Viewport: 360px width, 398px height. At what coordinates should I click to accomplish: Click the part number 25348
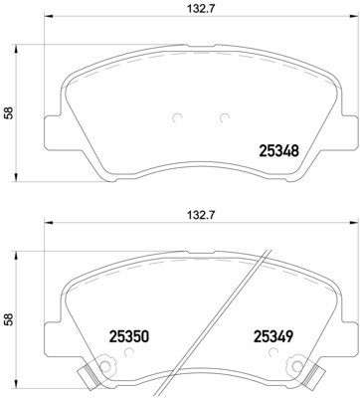click(x=279, y=152)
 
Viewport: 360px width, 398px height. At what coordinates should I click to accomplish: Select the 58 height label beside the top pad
click(x=10, y=113)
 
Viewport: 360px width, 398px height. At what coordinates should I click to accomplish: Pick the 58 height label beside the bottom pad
click(x=10, y=320)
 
